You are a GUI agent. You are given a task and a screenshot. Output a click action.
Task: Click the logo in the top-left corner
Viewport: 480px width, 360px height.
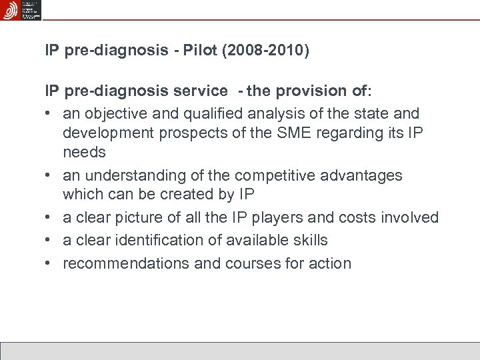[x=11, y=10]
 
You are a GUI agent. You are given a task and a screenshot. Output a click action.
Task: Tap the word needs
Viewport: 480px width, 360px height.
[x=84, y=152]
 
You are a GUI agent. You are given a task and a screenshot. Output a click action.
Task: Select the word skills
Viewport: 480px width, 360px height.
[x=309, y=240]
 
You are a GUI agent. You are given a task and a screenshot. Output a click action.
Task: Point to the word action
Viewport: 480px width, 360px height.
[x=329, y=263]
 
